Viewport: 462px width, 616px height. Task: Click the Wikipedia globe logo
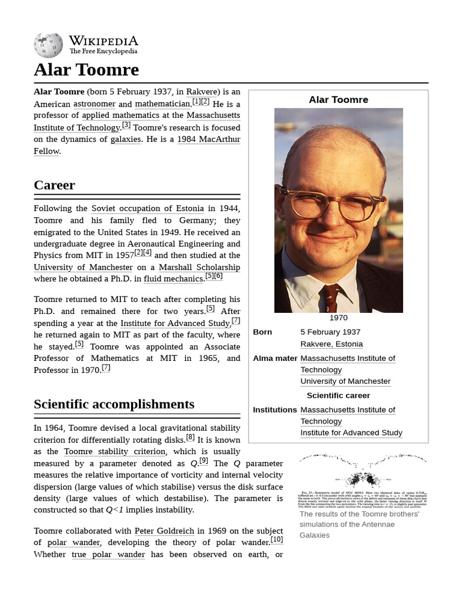48,45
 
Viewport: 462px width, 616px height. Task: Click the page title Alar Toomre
86,70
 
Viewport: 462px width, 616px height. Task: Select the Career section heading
54,185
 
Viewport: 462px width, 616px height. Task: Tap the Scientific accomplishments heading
114,404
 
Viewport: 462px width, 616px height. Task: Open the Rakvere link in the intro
202,91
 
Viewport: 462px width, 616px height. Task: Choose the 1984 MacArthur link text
208,139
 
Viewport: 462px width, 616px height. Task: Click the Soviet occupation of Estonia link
147,208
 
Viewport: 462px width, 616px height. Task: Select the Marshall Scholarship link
199,267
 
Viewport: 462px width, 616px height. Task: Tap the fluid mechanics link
173,279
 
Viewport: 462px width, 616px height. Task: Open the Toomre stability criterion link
114,451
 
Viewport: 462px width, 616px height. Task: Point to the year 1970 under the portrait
338,318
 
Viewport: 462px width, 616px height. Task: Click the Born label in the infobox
262,332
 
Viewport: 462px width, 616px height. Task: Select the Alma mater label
275,358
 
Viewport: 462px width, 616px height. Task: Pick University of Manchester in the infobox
345,381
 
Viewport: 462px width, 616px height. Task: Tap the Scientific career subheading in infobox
338,395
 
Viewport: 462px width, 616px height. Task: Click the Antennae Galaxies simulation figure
363,479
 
